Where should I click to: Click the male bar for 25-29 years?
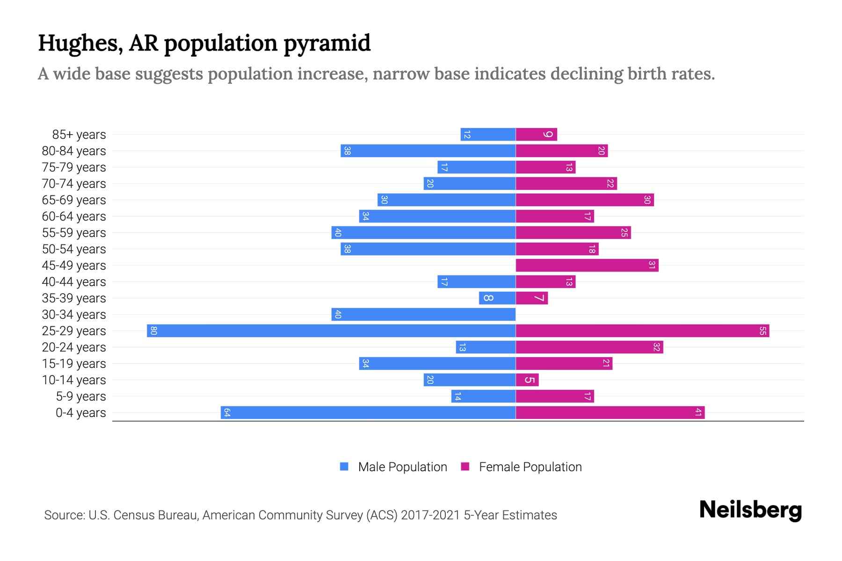(331, 331)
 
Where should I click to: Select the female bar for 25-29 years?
(642, 331)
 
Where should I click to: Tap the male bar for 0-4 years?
(368, 413)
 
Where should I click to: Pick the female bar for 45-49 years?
(587, 266)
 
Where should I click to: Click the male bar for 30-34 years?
(423, 315)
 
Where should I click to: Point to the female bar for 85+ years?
(536, 135)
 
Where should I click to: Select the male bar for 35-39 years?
(497, 298)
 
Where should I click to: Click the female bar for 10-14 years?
(527, 380)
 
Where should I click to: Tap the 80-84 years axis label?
(74, 151)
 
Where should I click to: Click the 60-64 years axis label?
(74, 216)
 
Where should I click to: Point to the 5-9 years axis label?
(81, 396)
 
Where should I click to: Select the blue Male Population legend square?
(344, 467)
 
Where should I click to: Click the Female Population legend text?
(530, 467)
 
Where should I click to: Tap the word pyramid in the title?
(327, 43)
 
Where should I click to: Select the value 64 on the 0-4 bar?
(227, 413)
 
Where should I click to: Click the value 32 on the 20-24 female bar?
(657, 347)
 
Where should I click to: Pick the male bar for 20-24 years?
(486, 347)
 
